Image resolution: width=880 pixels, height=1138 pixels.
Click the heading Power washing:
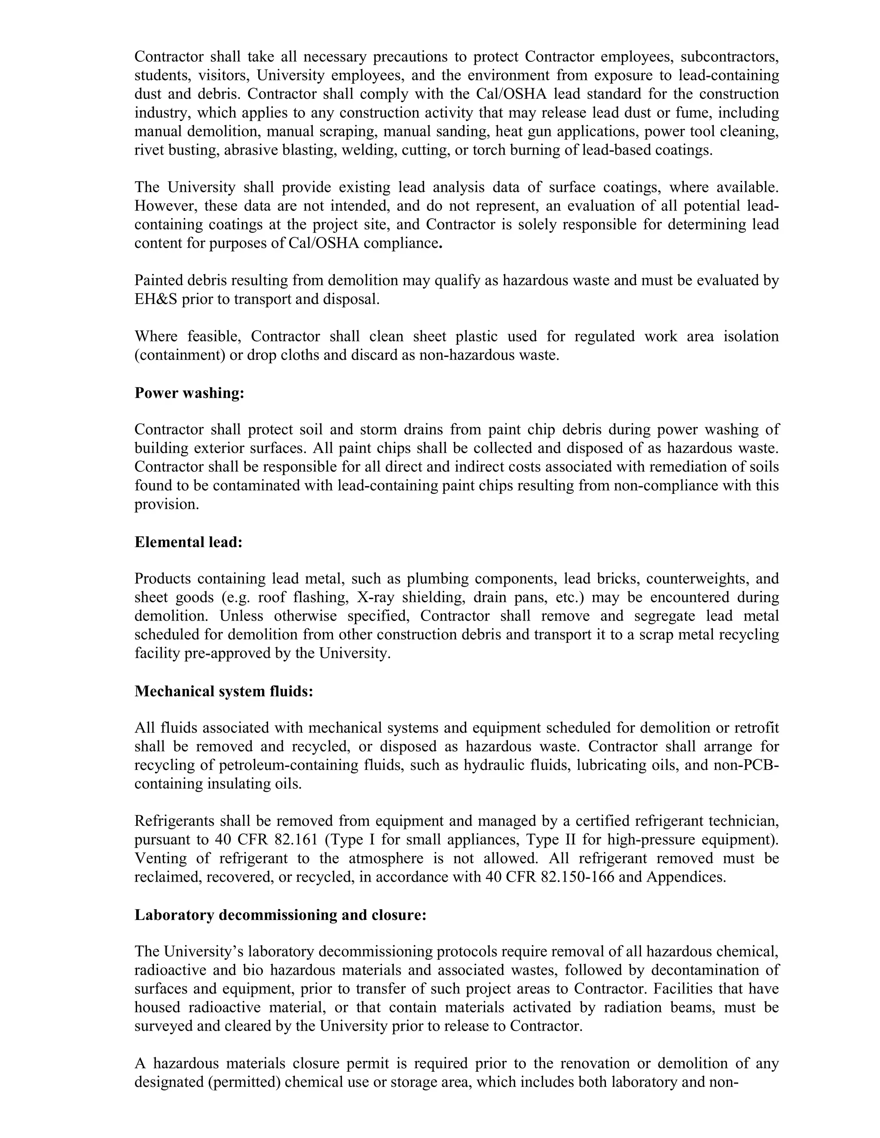189,393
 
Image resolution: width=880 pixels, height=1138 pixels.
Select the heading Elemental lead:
189,542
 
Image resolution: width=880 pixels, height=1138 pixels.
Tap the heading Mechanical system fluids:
223,691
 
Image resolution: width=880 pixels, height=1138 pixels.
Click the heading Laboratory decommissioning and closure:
281,915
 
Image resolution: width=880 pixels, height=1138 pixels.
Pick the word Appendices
685,877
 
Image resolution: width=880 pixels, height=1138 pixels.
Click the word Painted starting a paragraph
156,280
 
